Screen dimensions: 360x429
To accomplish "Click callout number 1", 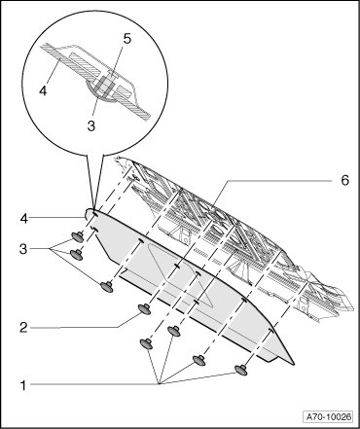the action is [23, 386].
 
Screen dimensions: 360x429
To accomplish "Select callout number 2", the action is [23, 328].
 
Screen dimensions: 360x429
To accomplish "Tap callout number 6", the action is [344, 180].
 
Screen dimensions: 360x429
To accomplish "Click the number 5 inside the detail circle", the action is [127, 39].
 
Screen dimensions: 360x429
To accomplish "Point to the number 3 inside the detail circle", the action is [91, 125].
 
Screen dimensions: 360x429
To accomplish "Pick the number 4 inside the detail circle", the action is [43, 90].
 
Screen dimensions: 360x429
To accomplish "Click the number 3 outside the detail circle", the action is [23, 249].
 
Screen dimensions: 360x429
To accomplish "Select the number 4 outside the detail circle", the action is [23, 219].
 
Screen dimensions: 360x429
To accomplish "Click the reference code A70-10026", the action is [329, 416].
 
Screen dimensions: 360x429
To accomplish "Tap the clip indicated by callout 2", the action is [145, 309].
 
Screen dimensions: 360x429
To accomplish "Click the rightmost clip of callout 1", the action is [241, 370].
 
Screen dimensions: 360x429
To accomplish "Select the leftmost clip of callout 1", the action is [147, 343].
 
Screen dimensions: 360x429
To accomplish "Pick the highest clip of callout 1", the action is [174, 331].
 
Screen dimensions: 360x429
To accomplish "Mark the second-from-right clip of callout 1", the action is [199, 360].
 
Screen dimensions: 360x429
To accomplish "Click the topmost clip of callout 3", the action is [78, 237].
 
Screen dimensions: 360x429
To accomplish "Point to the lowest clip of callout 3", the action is [107, 287].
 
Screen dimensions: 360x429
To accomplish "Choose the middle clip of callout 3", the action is [77, 255].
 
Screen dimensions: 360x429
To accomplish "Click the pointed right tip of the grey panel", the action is [294, 364].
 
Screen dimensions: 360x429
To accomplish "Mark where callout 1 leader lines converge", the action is [159, 384].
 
